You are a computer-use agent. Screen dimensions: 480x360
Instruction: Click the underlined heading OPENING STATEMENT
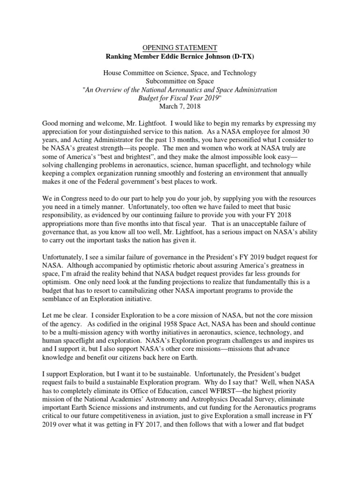point(180,47)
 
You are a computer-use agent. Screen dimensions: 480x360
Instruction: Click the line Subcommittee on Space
point(180,81)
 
